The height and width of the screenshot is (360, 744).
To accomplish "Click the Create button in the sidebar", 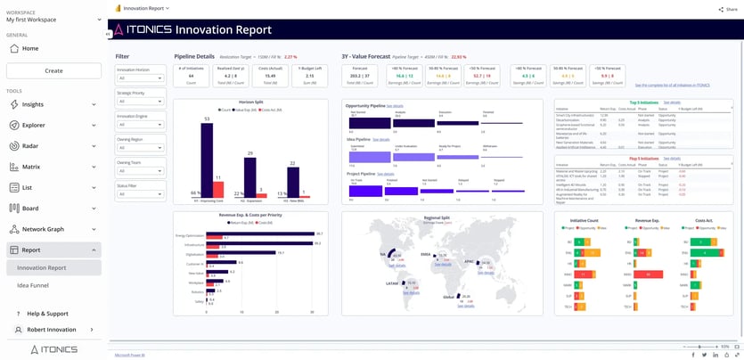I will [x=53, y=70].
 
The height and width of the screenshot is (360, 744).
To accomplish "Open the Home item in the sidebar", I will [x=30, y=48].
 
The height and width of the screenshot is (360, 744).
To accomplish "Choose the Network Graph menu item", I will [x=43, y=229].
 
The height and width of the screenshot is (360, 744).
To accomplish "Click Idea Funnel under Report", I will [x=34, y=285].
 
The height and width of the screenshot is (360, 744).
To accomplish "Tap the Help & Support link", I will [x=47, y=314].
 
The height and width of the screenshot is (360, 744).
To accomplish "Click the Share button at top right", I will [x=728, y=9].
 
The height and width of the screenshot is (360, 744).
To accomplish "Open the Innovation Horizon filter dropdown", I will [x=140, y=78].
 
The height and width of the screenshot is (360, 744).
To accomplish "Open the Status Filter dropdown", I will [x=140, y=193].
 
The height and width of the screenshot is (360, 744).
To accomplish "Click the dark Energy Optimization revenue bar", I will [x=259, y=233].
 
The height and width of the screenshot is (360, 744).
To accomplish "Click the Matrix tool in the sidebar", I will [x=31, y=166].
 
